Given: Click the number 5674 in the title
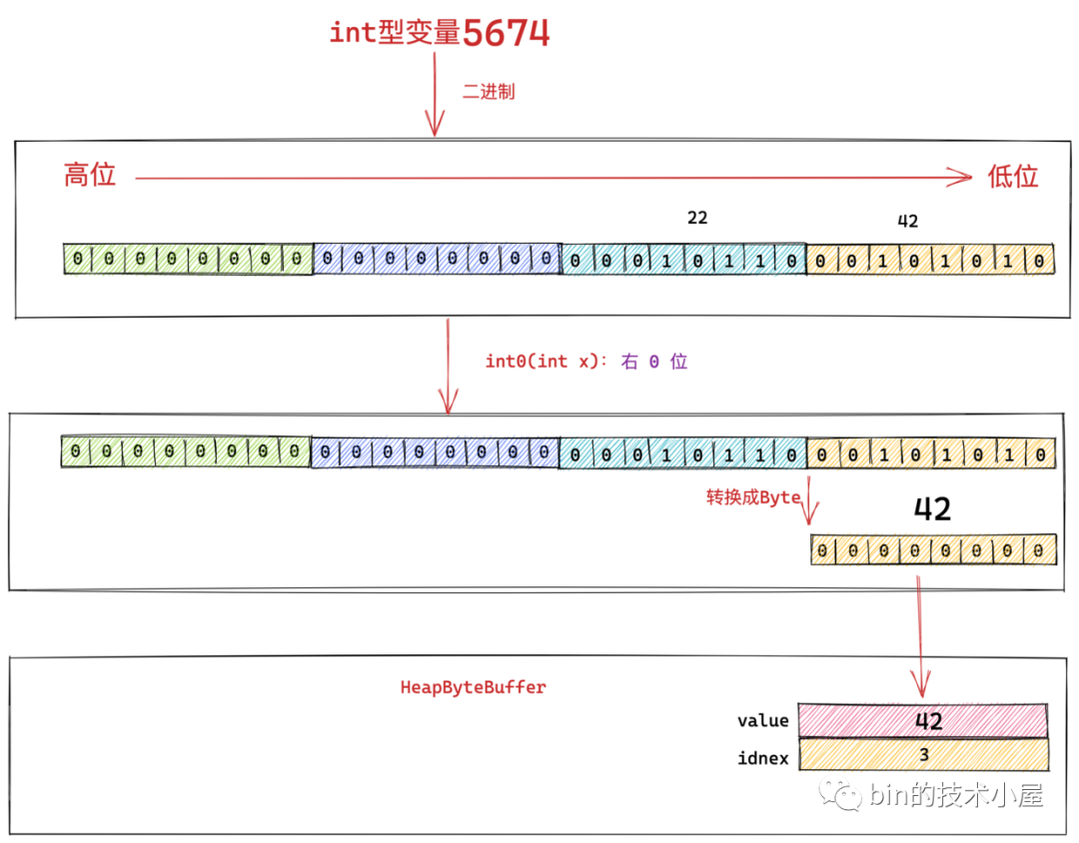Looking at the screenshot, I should coord(507,33).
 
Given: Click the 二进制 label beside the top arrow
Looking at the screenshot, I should coord(489,92).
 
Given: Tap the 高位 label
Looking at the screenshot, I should coord(90,176).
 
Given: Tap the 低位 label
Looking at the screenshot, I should coord(1013,177).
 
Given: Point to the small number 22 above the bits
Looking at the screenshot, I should coord(697,217).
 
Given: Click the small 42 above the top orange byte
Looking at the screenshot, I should coord(907,222).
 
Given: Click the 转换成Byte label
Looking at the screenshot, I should coord(753,496).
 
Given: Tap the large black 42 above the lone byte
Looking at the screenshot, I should coord(932,509).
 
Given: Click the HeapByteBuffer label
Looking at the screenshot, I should coord(473,687).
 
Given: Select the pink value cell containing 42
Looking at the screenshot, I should coord(923,720).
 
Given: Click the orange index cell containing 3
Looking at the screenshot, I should coord(923,756).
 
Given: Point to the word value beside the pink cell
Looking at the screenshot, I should coord(762,720).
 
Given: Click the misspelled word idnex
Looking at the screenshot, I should coord(762,758).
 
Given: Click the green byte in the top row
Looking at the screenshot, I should coord(187,260).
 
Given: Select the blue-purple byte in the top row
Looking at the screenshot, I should coord(437,260).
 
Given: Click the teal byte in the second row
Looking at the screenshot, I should coord(682,453).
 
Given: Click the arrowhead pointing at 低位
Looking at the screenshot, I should coord(962,178).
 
